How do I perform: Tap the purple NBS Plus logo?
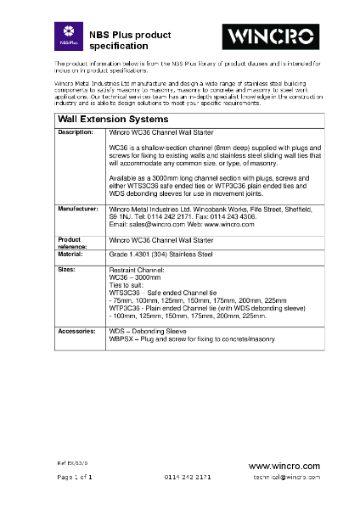[x=66, y=36]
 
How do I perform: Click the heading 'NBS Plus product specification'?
[x=124, y=36]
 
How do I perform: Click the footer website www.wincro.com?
[x=284, y=467]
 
